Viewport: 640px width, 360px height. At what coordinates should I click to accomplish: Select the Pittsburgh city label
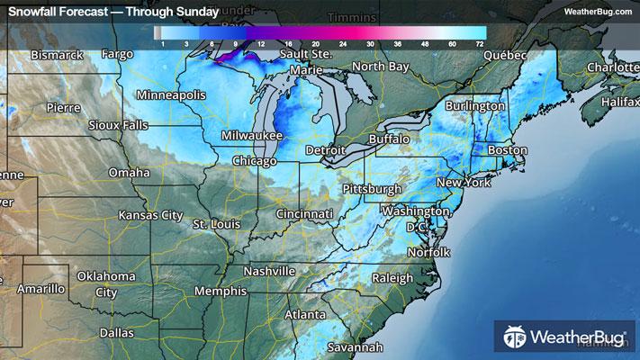coord(372,189)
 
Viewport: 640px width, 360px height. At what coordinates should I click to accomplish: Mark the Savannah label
coord(355,347)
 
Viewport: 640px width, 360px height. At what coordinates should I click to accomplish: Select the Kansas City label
coord(151,216)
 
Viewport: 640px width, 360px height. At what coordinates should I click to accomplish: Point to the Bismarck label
coord(57,55)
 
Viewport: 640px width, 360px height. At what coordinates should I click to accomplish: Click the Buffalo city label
coord(390,139)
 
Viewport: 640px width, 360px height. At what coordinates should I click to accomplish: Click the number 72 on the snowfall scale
coord(480,43)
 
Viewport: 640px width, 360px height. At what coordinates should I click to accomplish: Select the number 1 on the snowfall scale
coord(161,43)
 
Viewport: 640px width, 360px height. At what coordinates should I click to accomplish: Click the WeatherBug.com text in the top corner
coord(597,12)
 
